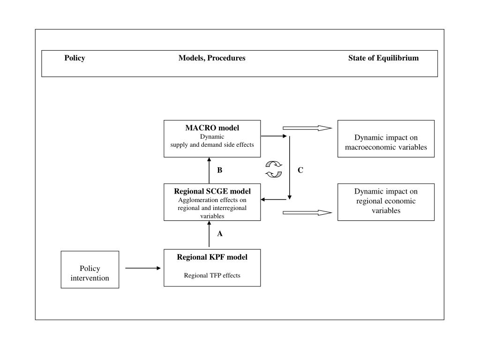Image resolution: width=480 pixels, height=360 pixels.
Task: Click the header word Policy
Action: pos(75,58)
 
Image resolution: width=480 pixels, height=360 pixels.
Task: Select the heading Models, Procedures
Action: pos(212,58)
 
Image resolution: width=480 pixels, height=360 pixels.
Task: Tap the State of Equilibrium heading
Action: pos(383,58)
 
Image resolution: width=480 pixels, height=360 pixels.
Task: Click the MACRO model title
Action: pos(212,127)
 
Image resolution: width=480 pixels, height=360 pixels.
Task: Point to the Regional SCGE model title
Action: pos(212,191)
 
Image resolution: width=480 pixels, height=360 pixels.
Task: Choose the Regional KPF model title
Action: pos(212,257)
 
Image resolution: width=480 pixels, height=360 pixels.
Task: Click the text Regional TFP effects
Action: pos(212,276)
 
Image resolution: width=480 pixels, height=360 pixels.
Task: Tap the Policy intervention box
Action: pos(90,270)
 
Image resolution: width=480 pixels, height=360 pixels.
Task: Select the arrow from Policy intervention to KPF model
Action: pos(143,268)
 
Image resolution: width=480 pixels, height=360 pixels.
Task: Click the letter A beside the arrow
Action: pos(220,234)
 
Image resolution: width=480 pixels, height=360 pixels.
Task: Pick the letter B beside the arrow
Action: pos(220,170)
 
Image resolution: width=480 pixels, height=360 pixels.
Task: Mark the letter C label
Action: pos(300,170)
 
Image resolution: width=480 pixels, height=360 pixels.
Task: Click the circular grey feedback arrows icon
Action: pos(274,169)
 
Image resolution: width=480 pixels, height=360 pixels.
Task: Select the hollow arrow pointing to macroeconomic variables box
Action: pos(307,128)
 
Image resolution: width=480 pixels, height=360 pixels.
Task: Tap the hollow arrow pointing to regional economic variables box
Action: pos(307,212)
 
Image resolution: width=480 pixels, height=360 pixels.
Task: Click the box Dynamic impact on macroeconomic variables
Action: pos(386,139)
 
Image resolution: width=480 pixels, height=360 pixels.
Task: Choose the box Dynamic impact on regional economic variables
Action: pos(386,202)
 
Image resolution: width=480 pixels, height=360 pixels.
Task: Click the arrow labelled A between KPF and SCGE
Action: pos(209,234)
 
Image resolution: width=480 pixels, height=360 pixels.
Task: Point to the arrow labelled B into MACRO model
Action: pos(209,171)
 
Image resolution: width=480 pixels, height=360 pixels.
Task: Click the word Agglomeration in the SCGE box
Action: pos(195,200)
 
